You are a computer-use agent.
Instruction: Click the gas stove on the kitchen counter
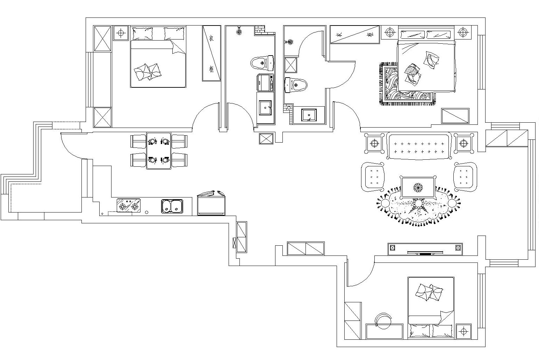pyautogui.click(x=129, y=205)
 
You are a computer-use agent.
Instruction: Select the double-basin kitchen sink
pyautogui.click(x=172, y=206)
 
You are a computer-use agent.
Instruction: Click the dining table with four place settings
pyautogui.click(x=159, y=151)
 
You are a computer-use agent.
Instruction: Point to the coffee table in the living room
pyautogui.click(x=418, y=187)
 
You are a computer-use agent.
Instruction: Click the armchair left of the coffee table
pyautogui.click(x=373, y=177)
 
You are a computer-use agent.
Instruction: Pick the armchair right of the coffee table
pyautogui.click(x=465, y=177)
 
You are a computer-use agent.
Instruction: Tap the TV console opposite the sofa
pyautogui.click(x=425, y=249)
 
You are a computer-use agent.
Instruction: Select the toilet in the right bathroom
pyautogui.click(x=296, y=85)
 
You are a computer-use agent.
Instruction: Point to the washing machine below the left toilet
pyautogui.click(x=265, y=82)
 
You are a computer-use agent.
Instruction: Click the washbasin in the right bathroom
pyautogui.click(x=309, y=115)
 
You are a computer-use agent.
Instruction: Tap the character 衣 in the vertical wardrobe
pyautogui.click(x=211, y=38)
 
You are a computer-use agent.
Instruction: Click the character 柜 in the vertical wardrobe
pyautogui.click(x=211, y=69)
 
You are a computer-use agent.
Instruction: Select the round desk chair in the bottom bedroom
pyautogui.click(x=383, y=321)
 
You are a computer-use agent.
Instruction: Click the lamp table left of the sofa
pyautogui.click(x=374, y=143)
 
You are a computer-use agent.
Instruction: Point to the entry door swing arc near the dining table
pyautogui.click(x=71, y=146)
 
